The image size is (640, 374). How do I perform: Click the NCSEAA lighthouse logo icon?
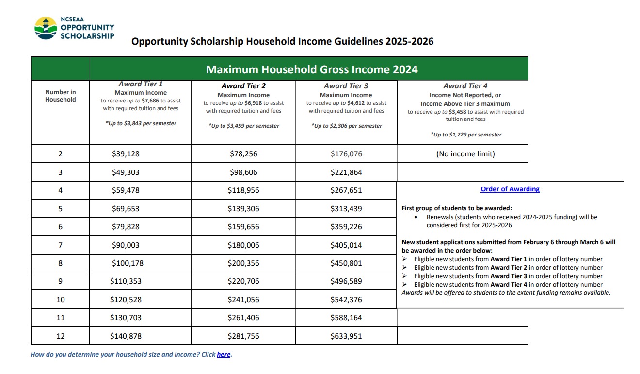[46, 28]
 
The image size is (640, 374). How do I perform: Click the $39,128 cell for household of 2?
[126, 154]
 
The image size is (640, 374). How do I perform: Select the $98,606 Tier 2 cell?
[243, 172]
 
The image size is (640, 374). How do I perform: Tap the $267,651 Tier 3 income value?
[346, 190]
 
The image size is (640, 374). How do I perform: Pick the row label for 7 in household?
[60, 245]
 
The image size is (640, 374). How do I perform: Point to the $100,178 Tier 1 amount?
[128, 263]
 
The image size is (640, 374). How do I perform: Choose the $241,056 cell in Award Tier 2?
[243, 300]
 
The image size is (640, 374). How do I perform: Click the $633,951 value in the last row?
[346, 336]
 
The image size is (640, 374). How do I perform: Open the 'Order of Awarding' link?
[510, 189]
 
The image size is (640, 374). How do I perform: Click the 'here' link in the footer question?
[224, 355]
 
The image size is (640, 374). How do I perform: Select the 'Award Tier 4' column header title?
[465, 86]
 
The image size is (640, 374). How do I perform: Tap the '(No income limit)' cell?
[465, 154]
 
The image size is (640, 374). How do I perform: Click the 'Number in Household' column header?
[61, 96]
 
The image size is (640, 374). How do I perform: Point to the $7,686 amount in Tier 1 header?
[150, 101]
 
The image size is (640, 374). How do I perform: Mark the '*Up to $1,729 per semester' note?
[465, 135]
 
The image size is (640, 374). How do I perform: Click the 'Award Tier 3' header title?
[346, 86]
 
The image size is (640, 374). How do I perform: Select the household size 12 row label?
[60, 336]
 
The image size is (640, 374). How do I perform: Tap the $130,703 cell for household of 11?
[126, 318]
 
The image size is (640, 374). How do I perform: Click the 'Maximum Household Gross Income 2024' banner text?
[312, 69]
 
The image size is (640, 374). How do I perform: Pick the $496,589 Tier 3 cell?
[346, 281]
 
